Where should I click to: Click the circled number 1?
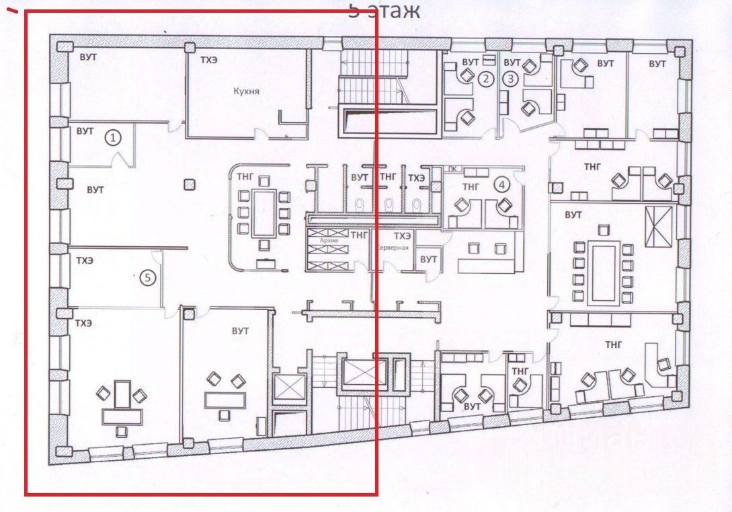point(114,138)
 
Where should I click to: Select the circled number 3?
point(512,79)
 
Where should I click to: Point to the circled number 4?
point(501,183)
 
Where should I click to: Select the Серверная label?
point(393,247)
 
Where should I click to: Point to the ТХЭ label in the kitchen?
point(208,60)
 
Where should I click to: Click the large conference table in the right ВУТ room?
point(603,272)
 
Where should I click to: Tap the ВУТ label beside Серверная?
point(428,259)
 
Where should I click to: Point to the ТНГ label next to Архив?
point(360,235)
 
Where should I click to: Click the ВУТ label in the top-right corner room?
point(657,64)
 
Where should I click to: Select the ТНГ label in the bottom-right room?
point(613,344)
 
